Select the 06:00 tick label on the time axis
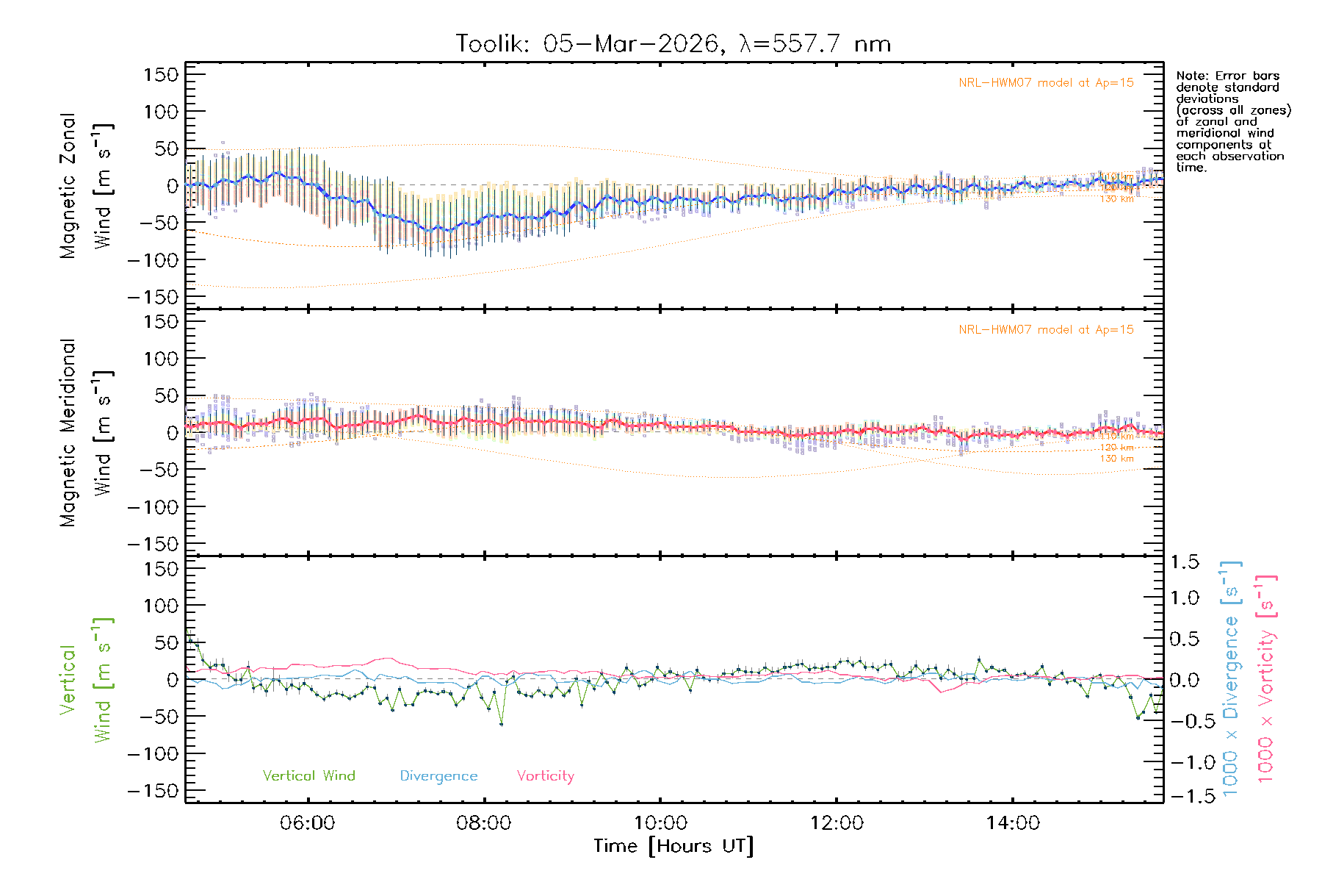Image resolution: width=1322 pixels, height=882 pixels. coord(308,823)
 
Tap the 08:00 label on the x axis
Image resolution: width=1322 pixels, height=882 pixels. coord(484,823)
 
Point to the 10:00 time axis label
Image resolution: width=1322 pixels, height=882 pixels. coord(660,823)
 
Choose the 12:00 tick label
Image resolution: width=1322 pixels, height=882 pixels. coord(837,823)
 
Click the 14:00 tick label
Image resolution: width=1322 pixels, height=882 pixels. coord(1013,823)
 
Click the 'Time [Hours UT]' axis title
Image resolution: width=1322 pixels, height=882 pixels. coord(673,846)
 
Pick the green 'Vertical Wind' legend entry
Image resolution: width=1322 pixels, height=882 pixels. coord(308,776)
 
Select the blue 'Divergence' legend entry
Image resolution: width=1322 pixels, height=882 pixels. coord(438,776)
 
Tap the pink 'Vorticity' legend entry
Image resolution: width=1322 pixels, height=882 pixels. coord(545,776)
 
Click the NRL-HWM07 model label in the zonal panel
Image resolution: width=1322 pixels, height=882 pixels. coord(1046,83)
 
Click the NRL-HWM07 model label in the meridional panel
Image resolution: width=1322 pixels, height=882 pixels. coord(1046,330)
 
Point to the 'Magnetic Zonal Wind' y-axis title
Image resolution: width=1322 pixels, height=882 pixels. coord(86,186)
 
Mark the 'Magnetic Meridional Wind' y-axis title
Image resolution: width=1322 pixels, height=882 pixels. coord(86,433)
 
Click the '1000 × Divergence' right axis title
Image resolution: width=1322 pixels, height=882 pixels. coord(1231,678)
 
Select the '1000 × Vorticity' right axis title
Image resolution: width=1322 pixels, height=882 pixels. coord(1266,678)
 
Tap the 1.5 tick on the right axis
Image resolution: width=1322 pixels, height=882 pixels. coord(1184,562)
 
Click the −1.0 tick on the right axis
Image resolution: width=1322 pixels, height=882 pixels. coord(1184,762)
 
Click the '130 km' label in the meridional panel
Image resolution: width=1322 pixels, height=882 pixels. coord(1116,459)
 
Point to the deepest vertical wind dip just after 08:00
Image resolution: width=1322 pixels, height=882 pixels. coord(502,725)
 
